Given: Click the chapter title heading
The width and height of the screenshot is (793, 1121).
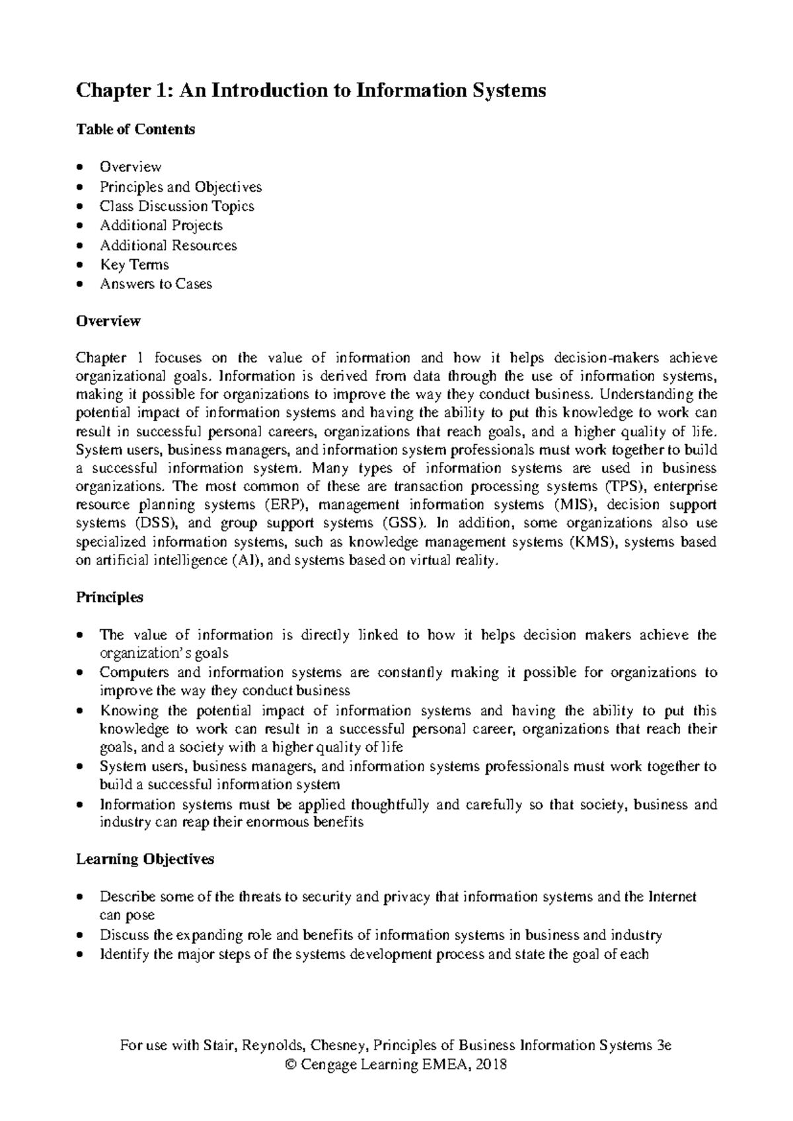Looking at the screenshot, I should (x=311, y=91).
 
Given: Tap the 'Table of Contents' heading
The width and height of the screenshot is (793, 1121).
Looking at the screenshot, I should (x=135, y=130).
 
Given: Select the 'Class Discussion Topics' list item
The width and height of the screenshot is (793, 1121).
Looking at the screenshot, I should (x=176, y=206).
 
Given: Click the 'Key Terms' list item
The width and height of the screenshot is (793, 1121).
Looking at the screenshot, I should (x=134, y=264).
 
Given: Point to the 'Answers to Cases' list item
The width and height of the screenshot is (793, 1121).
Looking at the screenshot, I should (x=156, y=284).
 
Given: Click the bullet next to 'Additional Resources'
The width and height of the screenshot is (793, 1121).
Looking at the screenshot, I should (x=80, y=246).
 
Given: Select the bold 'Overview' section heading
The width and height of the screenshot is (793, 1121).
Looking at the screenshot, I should (x=108, y=321).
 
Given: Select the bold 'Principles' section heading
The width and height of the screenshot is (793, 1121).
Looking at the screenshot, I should (x=110, y=598).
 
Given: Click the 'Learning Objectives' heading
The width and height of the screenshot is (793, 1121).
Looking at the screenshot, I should (x=145, y=859).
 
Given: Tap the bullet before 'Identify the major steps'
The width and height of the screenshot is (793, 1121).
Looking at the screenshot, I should (x=80, y=955).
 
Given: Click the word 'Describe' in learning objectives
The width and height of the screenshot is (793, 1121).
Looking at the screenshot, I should (x=128, y=897).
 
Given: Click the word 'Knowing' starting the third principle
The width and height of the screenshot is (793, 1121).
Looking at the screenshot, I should (x=130, y=711).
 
